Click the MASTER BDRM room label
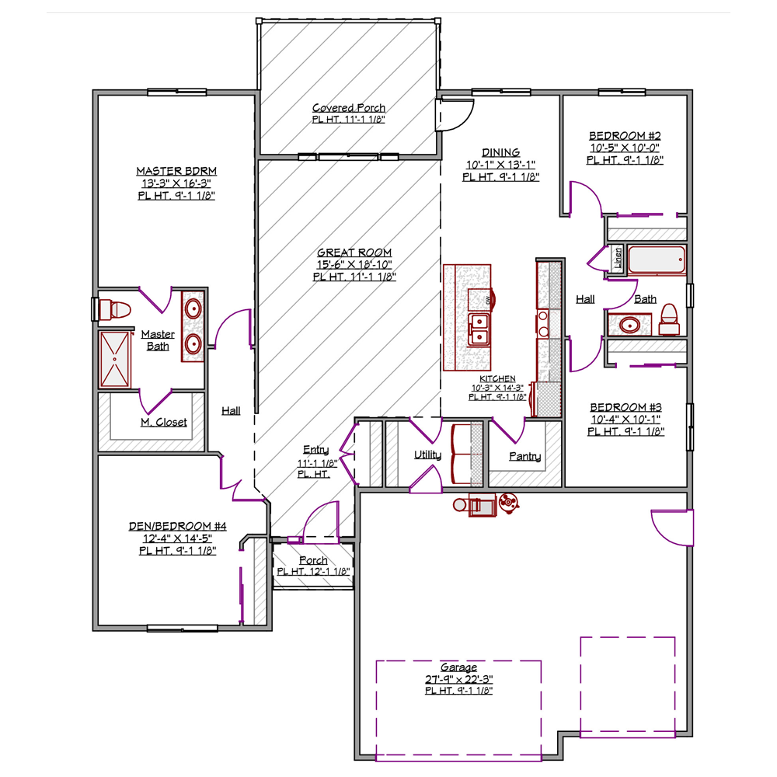(176, 171)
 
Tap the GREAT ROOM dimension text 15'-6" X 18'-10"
(354, 265)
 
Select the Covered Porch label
(349, 107)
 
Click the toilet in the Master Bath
(115, 310)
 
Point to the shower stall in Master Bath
(115, 359)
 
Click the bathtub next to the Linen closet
(657, 260)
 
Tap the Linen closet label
(618, 258)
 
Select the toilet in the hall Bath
(669, 319)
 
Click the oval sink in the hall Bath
(629, 325)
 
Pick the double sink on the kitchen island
(479, 329)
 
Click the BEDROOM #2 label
(625, 136)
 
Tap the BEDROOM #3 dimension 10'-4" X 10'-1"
(625, 420)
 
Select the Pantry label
(524, 456)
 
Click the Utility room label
(427, 455)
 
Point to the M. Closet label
(163, 422)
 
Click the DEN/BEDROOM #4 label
(177, 526)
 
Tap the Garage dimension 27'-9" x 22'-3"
(459, 679)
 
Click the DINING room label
(501, 152)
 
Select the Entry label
(315, 449)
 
